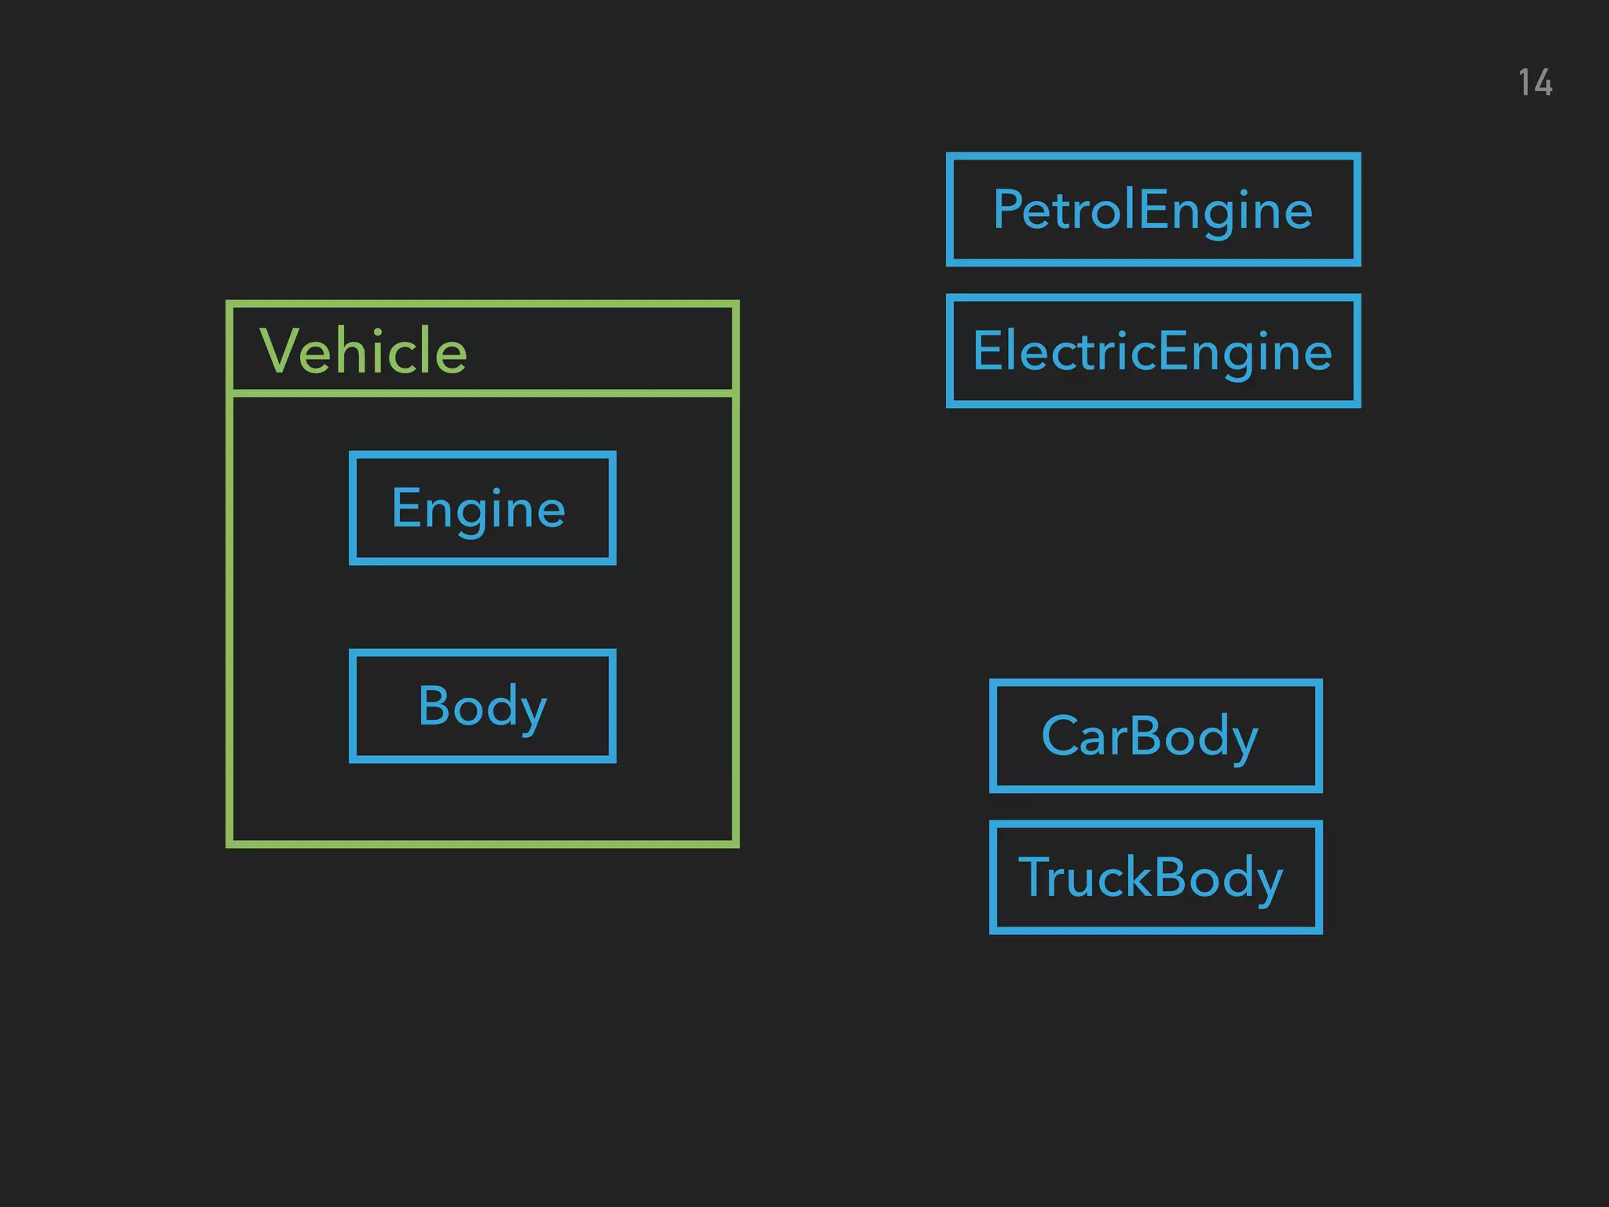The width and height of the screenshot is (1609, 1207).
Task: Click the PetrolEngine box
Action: click(x=1153, y=210)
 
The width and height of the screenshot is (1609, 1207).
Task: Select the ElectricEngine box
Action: click(x=1153, y=351)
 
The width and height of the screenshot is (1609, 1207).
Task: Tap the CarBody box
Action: click(x=1155, y=736)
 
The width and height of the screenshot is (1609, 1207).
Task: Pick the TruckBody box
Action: click(x=1155, y=877)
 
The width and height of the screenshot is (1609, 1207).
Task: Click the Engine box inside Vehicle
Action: click(x=482, y=508)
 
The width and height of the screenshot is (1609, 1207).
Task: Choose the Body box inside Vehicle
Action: click(x=482, y=706)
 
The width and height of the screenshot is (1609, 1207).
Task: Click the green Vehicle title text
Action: click(x=363, y=350)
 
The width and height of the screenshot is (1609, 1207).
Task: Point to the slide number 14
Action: click(x=1535, y=83)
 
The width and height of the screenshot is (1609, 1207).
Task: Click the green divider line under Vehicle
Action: click(x=482, y=392)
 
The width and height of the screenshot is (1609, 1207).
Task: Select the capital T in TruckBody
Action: click(x=1035, y=877)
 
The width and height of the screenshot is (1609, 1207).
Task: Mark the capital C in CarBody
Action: click(x=1060, y=736)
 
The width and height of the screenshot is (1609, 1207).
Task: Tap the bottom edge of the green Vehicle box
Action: click(x=482, y=844)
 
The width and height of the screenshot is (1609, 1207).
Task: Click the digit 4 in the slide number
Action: click(x=1543, y=83)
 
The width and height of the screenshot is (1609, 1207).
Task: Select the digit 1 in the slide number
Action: click(x=1525, y=83)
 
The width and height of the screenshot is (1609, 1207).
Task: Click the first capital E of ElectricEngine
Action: click(x=986, y=350)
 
